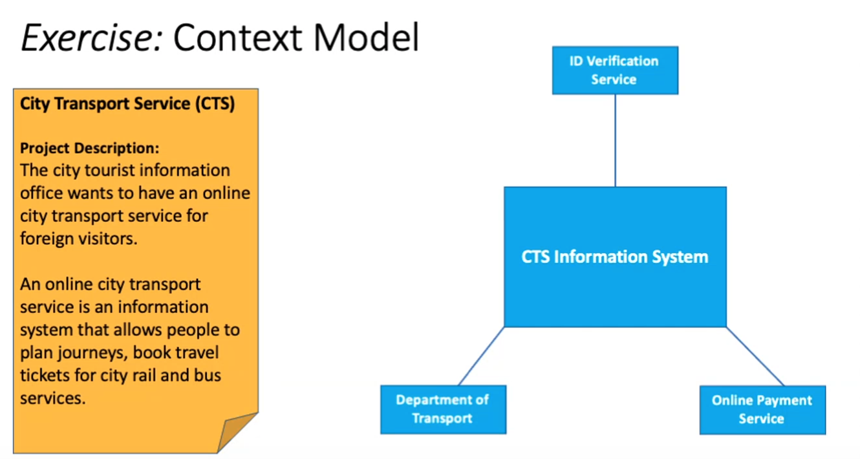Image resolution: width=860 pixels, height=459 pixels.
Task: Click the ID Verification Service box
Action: [x=615, y=70]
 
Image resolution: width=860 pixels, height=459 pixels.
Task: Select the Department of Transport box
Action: [x=444, y=409]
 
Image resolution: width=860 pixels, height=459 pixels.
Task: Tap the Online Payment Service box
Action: [x=762, y=410]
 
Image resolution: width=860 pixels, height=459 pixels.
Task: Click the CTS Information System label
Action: [x=615, y=257]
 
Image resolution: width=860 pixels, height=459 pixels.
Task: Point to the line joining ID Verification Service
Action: [x=615, y=140]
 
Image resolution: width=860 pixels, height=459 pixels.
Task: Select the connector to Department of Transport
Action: [x=482, y=356]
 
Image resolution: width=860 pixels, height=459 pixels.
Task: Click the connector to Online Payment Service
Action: [x=755, y=356]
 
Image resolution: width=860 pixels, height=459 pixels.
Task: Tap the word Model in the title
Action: [x=366, y=37]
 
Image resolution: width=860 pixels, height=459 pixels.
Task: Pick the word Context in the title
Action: [x=238, y=37]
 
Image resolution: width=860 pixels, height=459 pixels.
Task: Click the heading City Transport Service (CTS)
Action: [x=127, y=103]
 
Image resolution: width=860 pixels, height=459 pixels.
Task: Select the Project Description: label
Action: [x=89, y=148]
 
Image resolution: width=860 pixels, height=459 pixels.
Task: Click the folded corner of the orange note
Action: [x=238, y=432]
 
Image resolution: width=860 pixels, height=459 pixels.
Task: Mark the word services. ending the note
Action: [x=52, y=398]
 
